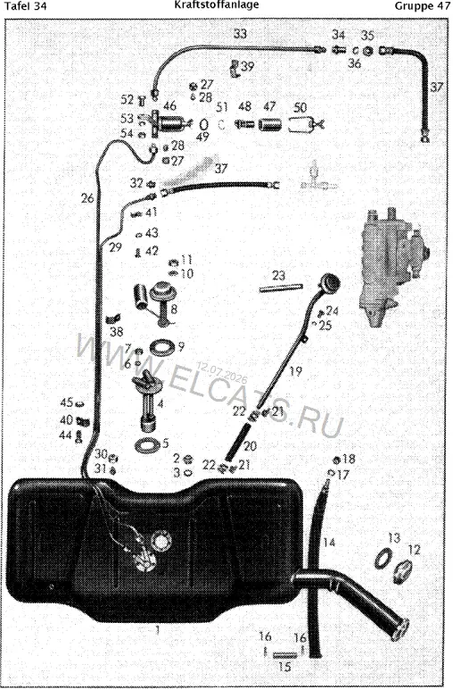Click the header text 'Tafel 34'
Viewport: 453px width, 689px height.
(25, 6)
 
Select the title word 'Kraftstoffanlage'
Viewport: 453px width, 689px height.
(217, 5)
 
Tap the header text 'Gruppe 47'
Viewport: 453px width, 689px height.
(423, 6)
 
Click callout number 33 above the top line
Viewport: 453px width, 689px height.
(240, 33)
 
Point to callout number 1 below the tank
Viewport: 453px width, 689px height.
(158, 631)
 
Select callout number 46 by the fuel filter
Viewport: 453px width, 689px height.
(169, 105)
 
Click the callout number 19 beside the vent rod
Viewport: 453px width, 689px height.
(296, 371)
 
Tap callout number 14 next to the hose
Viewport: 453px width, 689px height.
(329, 543)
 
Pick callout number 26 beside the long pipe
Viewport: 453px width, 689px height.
(87, 198)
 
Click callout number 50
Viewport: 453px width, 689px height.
(301, 107)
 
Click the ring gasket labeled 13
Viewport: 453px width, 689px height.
(383, 559)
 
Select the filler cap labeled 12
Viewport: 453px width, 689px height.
(402, 572)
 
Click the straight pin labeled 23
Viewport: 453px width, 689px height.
(281, 287)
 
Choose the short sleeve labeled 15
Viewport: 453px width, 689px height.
(284, 655)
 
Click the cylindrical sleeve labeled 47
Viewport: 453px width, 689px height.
(270, 124)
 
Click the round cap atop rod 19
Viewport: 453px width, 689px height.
(329, 282)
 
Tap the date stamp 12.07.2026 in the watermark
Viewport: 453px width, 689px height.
(222, 373)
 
